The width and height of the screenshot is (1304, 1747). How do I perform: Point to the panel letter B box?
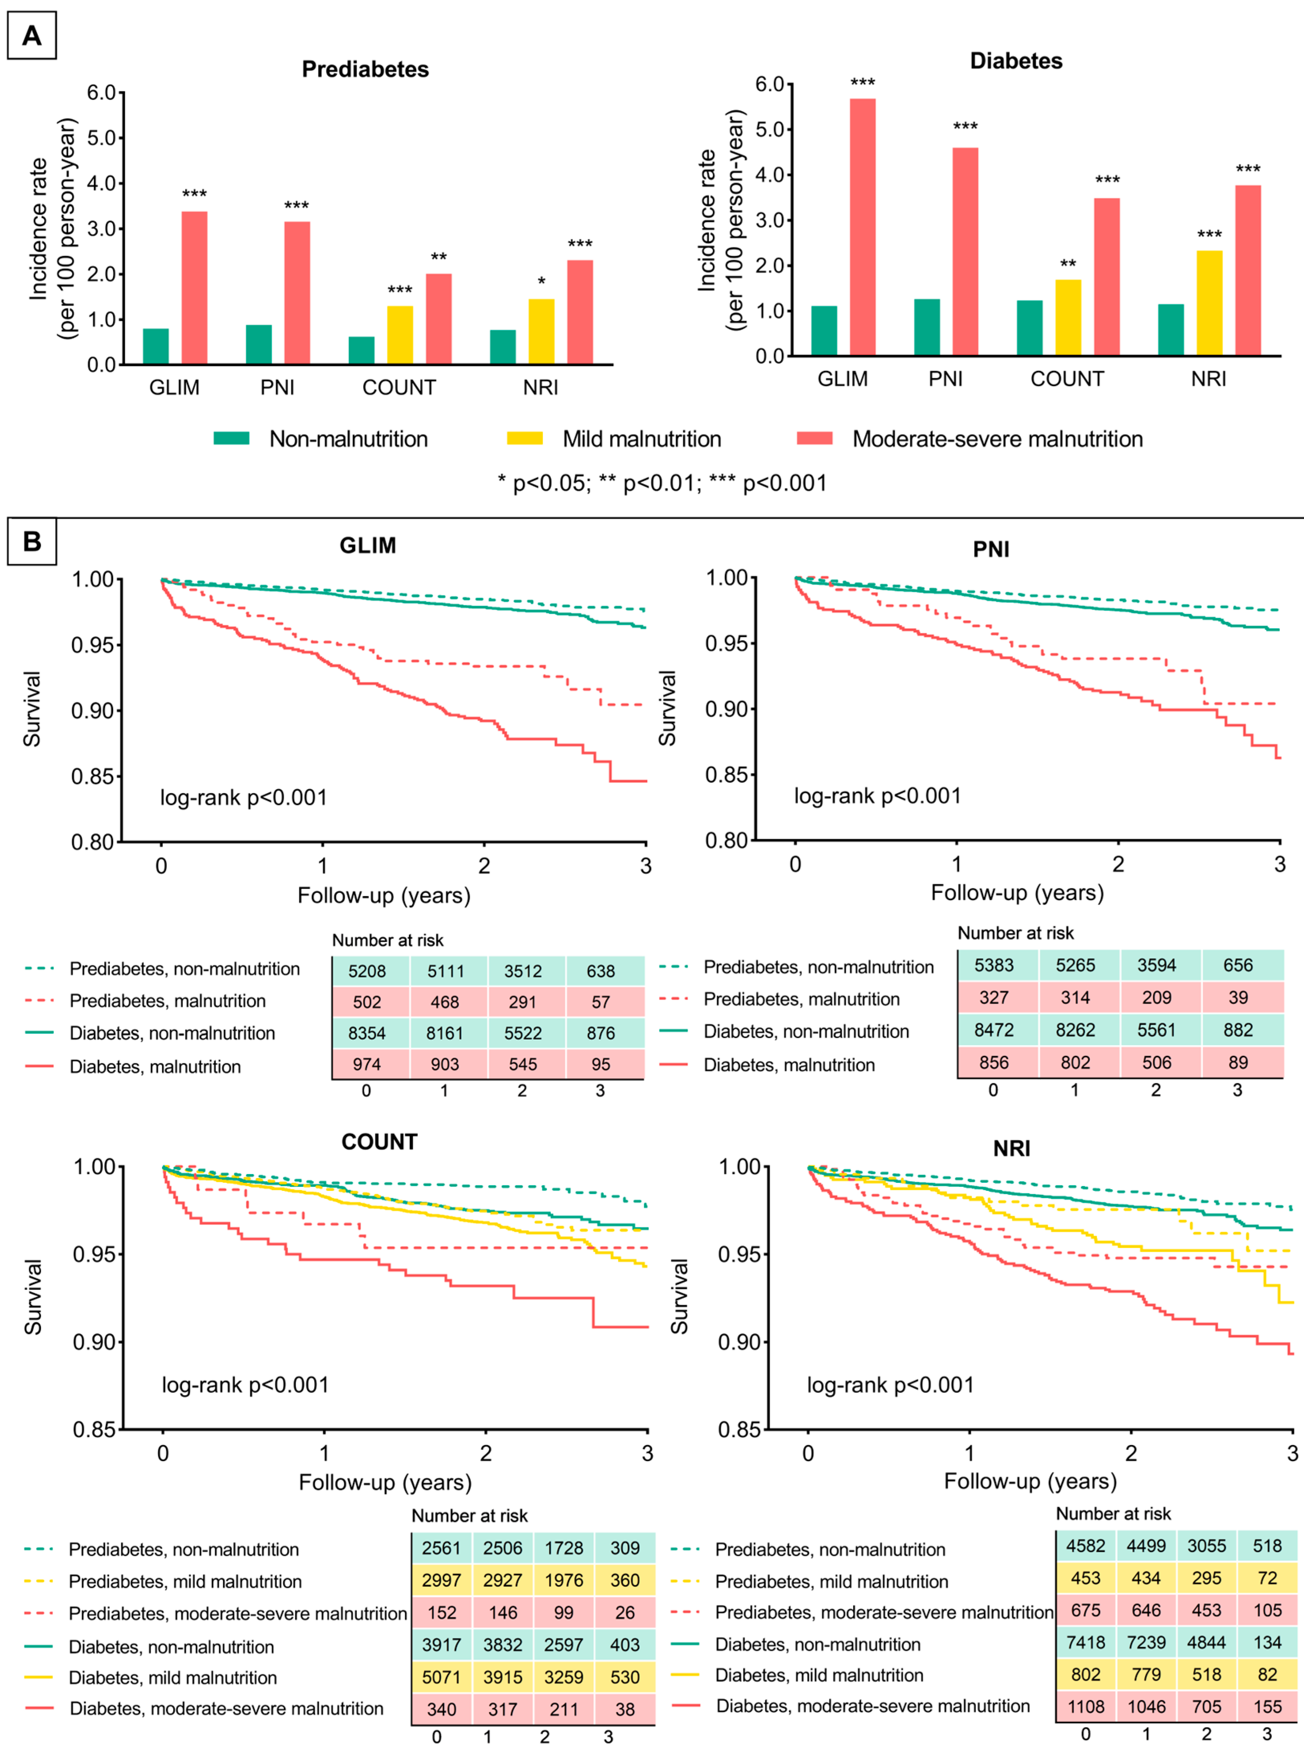(x=32, y=542)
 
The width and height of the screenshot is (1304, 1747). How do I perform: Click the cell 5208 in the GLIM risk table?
(x=367, y=971)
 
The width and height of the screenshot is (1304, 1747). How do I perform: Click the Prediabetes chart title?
(x=366, y=69)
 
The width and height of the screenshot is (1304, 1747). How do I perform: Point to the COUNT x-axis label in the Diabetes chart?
(x=1067, y=379)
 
